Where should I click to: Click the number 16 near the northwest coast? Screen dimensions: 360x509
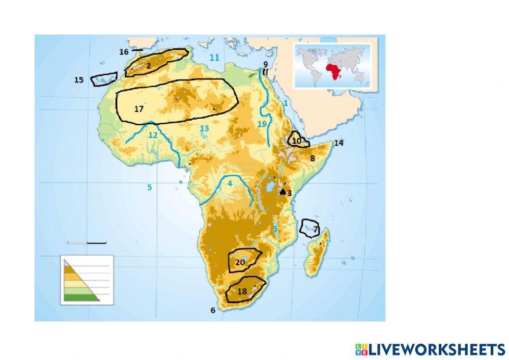124,52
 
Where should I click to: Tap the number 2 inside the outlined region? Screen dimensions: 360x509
148,65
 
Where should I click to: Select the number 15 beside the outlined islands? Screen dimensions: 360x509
79,80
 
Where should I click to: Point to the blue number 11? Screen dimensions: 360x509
214,58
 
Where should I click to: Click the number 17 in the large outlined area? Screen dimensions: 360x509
139,108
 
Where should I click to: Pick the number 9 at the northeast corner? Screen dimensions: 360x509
265,64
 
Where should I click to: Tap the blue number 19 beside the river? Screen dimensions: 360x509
262,124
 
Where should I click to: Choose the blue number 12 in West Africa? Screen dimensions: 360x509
153,135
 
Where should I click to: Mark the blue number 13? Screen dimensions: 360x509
204,129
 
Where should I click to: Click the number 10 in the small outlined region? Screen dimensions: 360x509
297,140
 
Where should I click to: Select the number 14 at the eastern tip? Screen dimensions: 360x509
338,143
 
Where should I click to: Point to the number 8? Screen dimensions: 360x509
313,158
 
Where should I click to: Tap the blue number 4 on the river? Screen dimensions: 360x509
230,182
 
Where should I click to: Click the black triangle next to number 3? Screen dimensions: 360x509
283,192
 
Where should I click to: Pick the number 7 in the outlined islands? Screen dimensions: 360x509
316,230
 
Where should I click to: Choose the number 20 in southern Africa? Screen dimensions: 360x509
241,262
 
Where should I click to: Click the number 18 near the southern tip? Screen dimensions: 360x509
242,291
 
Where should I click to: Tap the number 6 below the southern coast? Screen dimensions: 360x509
213,310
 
